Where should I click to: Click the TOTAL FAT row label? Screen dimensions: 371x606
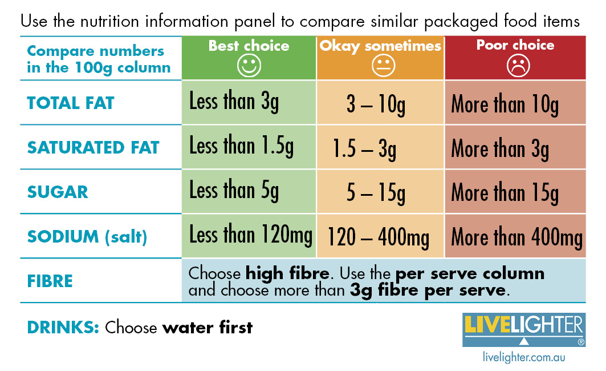coord(71,103)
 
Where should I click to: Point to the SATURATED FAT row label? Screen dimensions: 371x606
coord(93,147)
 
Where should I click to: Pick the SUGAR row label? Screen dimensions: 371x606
coord(58,192)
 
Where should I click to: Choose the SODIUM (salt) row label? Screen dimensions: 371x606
coord(87,236)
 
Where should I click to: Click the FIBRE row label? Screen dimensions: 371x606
coord(50,281)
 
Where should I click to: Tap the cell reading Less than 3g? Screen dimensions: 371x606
coord(234,103)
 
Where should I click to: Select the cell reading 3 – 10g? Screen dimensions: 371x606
coord(376,105)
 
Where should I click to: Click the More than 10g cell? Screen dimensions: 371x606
coord(505,105)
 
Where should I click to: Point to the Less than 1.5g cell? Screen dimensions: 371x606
coord(242,147)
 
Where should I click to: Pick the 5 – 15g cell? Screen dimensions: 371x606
coord(376,194)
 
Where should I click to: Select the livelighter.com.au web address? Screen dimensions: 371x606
coord(524,358)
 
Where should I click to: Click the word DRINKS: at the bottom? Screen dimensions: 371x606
coord(63,328)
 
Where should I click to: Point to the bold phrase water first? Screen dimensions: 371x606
coord(208,328)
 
